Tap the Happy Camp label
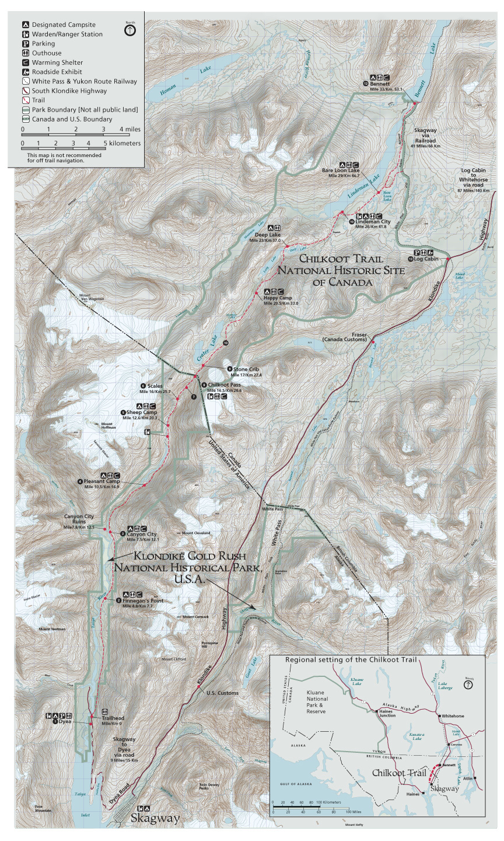(x=274, y=298)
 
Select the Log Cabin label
(x=426, y=259)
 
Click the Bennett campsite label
(x=379, y=84)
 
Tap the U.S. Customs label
(x=222, y=693)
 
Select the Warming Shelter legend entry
(x=57, y=62)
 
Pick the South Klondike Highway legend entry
(x=69, y=91)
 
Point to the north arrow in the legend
(x=130, y=30)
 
